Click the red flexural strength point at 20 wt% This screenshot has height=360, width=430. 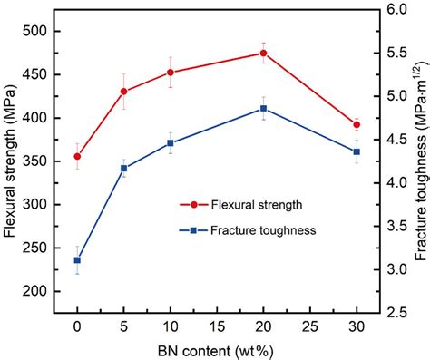tap(263, 53)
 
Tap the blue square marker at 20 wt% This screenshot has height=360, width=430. tap(263, 108)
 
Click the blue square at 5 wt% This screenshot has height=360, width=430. tap(123, 168)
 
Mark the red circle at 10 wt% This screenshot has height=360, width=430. tap(171, 73)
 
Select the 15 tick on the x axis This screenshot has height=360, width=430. tap(217, 326)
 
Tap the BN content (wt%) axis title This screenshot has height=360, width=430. tap(217, 348)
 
